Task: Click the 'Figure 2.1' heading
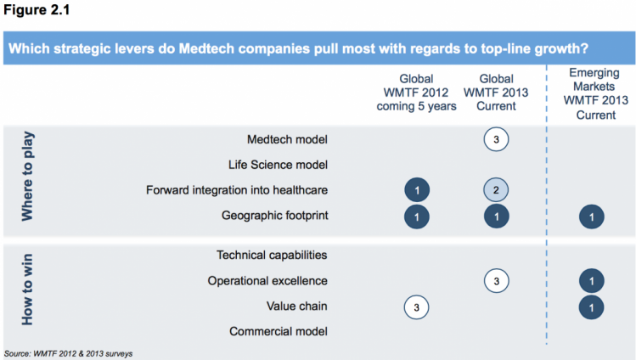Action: pos(37,9)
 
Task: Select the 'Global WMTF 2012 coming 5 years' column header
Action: pos(417,93)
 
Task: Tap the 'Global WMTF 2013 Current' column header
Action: pos(496,93)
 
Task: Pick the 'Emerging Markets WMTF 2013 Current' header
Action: pos(595,93)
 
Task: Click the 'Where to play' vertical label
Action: pos(27,176)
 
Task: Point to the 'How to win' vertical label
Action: pos(27,290)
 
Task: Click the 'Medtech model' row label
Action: pos(287,139)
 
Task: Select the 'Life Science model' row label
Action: pos(278,165)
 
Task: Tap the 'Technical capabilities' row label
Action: pos(272,255)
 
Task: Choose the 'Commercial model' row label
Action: pos(279,331)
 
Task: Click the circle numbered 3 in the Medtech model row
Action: pos(496,139)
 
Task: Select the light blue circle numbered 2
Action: pos(496,189)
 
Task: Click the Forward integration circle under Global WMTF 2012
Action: pos(417,189)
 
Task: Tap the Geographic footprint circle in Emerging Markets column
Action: pos(591,217)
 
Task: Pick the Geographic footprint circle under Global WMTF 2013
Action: pos(497,217)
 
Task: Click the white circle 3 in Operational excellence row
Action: pos(497,281)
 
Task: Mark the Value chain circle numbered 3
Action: pos(417,307)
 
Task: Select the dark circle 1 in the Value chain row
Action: pos(591,307)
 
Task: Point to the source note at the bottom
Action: pos(68,354)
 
